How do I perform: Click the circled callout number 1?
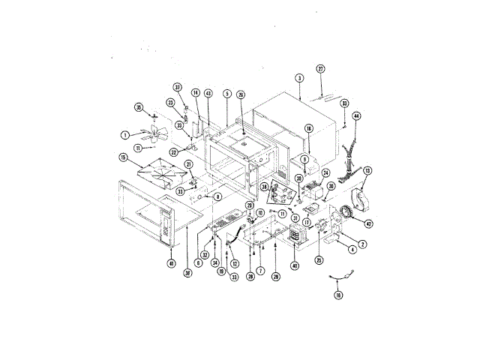(x=124, y=135)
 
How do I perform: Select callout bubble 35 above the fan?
(x=138, y=107)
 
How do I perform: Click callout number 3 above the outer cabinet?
(x=298, y=78)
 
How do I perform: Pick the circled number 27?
(x=320, y=70)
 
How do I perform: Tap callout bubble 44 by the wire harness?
(x=356, y=116)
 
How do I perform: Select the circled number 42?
(x=367, y=223)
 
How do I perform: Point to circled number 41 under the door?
(x=171, y=263)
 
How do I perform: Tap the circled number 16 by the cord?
(x=338, y=295)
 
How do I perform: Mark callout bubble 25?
(x=319, y=259)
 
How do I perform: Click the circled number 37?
(x=178, y=88)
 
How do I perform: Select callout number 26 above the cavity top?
(x=241, y=95)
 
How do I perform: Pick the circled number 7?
(x=260, y=270)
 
